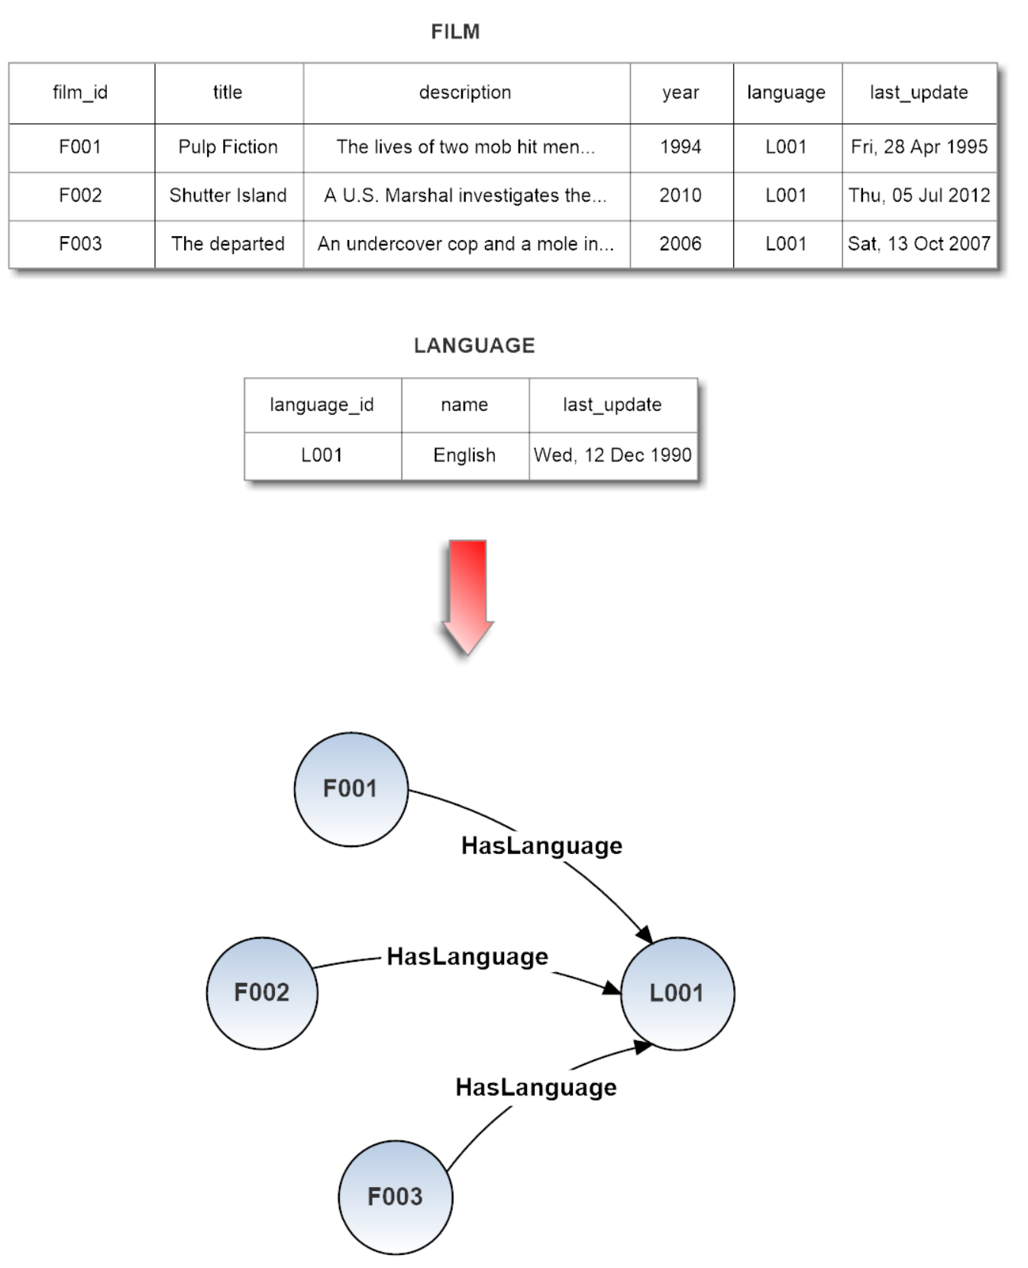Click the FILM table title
click(455, 31)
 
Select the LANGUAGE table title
click(474, 345)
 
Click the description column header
click(467, 93)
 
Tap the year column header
click(681, 93)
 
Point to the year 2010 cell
click(681, 196)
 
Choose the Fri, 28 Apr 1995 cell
click(920, 147)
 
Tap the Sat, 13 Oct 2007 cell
click(920, 244)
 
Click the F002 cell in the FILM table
click(81, 196)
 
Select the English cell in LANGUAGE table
click(465, 456)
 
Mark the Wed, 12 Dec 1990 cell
click(613, 456)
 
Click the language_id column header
click(322, 406)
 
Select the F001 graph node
click(351, 789)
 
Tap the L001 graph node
click(677, 993)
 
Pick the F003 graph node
click(396, 1197)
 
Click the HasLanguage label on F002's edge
click(467, 957)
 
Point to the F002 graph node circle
click(262, 993)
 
